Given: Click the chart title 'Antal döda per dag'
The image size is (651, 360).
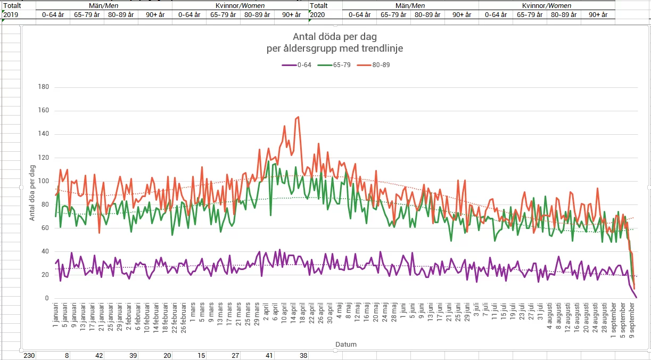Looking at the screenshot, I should click(335, 37).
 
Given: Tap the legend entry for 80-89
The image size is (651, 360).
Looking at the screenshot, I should click(378, 65).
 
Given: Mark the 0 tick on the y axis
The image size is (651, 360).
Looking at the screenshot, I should click(46, 299).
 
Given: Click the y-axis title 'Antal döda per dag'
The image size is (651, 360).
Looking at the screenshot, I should click(32, 193).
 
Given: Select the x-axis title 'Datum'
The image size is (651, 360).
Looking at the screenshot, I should click(346, 345).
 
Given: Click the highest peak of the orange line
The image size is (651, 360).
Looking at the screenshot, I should click(298, 117).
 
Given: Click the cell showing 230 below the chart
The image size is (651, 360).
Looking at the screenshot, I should click(28, 355).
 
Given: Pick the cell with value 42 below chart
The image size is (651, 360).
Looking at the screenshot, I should click(99, 355).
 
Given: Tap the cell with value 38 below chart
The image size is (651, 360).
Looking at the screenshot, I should click(303, 355).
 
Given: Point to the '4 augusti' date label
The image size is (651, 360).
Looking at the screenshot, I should click(550, 318).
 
